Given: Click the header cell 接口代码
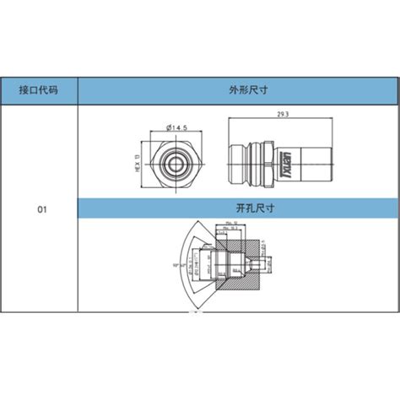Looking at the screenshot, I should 40,90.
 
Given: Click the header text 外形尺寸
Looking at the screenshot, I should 238,90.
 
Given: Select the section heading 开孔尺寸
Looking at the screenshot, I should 238,207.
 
